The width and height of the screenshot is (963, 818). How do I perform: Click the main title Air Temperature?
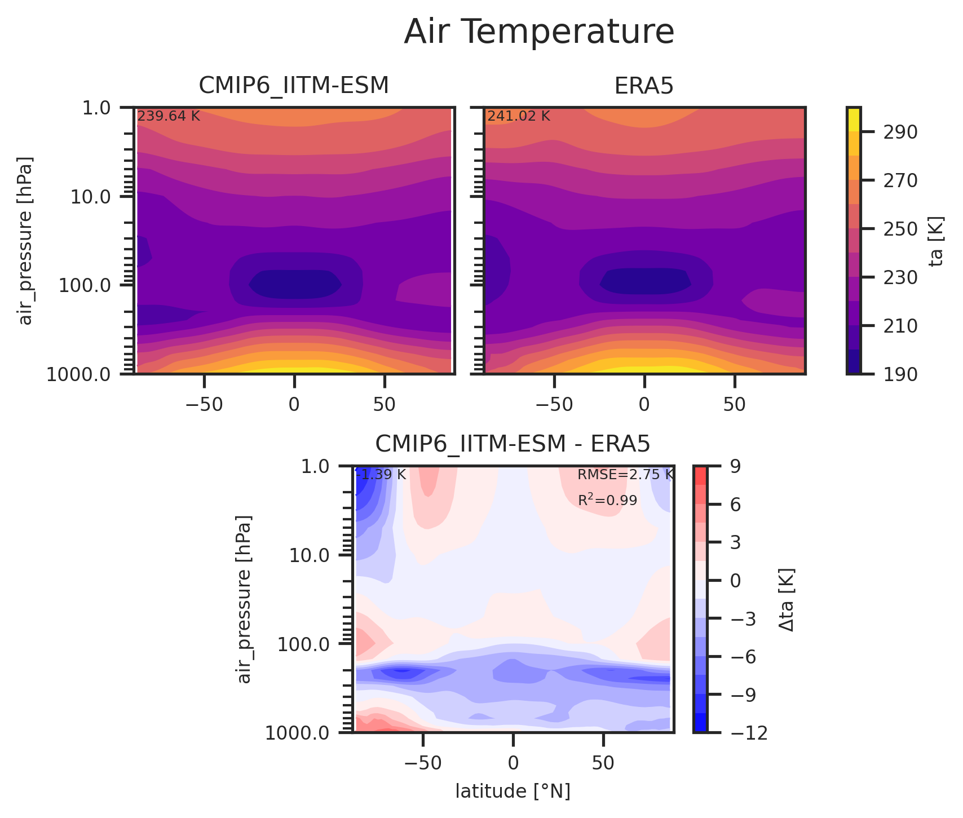[539, 32]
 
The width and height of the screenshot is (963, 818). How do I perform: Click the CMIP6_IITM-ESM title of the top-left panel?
[294, 86]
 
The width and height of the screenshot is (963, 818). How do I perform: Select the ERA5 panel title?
[644, 86]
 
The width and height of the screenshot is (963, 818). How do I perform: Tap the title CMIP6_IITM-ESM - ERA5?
[513, 444]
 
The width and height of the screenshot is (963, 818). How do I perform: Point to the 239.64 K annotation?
[169, 117]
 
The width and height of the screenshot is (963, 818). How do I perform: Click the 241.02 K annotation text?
[518, 117]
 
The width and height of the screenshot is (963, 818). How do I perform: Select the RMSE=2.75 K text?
[625, 475]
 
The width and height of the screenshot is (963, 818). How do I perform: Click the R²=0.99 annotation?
[607, 500]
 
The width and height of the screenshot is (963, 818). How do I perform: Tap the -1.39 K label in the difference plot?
[381, 475]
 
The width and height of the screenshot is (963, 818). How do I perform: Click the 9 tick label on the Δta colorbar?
[735, 466]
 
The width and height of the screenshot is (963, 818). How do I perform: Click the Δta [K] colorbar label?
[787, 599]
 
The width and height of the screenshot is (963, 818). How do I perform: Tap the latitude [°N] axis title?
[513, 792]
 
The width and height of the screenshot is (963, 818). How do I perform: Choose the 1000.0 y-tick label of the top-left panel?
[80, 374]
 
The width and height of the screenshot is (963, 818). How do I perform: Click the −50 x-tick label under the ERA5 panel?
[554, 405]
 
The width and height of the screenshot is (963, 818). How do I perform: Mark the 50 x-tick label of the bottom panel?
[603, 764]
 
